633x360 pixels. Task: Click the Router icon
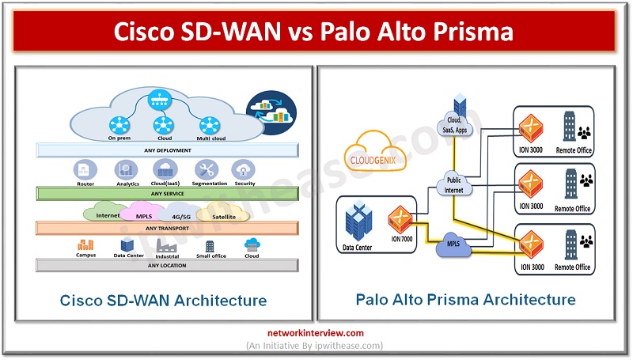pos(85,169)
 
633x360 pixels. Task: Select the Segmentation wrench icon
pos(209,169)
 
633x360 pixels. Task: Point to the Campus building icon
pos(85,244)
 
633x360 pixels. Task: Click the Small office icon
pos(210,245)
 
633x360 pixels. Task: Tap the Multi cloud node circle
pos(209,124)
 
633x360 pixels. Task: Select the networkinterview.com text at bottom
pos(316,333)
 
